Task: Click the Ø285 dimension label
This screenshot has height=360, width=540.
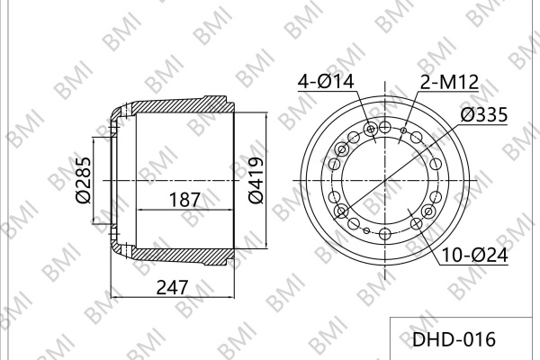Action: click(x=84, y=180)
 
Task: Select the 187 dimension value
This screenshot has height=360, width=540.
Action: click(x=184, y=200)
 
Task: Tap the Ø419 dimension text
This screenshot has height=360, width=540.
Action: click(x=256, y=180)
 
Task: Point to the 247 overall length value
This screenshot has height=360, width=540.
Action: click(x=172, y=287)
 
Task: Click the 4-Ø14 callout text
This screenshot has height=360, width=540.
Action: click(x=326, y=82)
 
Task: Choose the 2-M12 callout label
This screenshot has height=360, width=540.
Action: click(x=449, y=82)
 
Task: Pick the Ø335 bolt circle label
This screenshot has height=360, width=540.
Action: click(x=484, y=114)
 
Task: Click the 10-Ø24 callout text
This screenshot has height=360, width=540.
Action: click(x=474, y=256)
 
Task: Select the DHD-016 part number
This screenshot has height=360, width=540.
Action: click(x=454, y=339)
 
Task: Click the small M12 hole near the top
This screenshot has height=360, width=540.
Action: click(x=404, y=130)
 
